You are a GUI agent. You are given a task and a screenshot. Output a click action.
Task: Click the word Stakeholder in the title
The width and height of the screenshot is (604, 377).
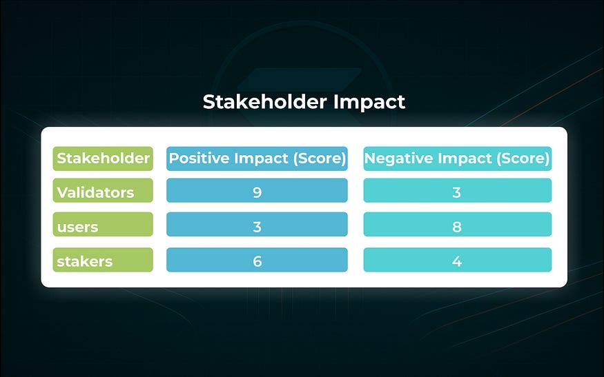[x=264, y=102]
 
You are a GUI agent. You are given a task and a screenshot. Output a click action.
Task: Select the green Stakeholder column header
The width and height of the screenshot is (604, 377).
[x=103, y=159]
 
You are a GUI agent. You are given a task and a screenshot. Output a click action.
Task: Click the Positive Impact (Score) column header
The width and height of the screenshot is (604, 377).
[x=257, y=159]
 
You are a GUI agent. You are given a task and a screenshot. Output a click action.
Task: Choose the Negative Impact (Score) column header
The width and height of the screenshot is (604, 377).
[x=457, y=159]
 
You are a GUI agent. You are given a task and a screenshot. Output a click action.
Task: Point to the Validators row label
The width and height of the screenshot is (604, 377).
[x=103, y=190]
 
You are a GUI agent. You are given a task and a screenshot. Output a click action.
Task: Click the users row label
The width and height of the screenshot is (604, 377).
[x=103, y=224]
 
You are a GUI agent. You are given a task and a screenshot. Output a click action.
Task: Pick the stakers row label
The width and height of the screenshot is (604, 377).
[x=103, y=260]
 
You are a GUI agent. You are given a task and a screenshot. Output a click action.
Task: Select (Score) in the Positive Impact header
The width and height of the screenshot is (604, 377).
[x=320, y=159]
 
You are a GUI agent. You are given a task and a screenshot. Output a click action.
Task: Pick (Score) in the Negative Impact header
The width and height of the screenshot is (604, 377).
[x=523, y=159]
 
